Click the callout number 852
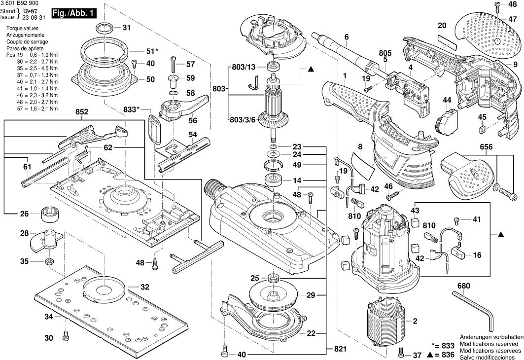[82, 112]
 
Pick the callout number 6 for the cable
[347, 37]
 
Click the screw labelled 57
[174, 64]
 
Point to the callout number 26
[24, 214]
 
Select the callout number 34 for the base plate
[49, 317]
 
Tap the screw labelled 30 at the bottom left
[67, 338]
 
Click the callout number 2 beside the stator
[415, 322]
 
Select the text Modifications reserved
[489, 343]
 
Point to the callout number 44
[447, 100]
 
